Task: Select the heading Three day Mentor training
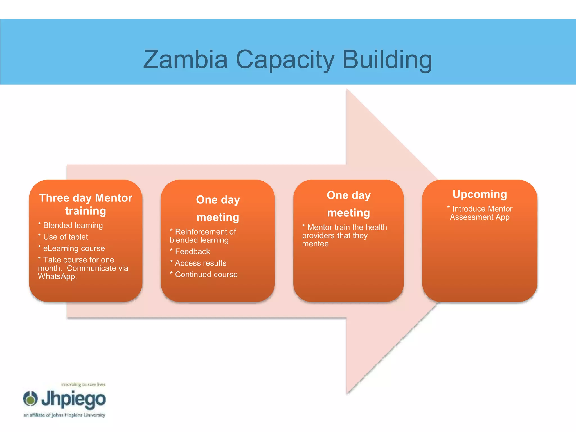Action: pyautogui.click(x=85, y=204)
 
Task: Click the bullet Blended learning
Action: pyautogui.click(x=73, y=225)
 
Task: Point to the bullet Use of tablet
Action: pyautogui.click(x=65, y=237)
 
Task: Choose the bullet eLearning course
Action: pyautogui.click(x=74, y=248)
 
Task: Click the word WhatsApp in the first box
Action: pyautogui.click(x=57, y=276)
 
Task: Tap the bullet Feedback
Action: pyautogui.click(x=192, y=251)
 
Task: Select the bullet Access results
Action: pyautogui.click(x=200, y=263)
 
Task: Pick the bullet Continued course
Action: pyautogui.click(x=206, y=274)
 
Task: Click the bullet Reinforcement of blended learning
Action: pyautogui.click(x=202, y=236)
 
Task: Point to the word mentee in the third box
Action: pyautogui.click(x=315, y=244)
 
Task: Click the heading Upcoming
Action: pyautogui.click(x=480, y=194)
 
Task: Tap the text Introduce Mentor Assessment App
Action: pyautogui.click(x=480, y=213)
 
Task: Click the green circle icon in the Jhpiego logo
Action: pyautogui.click(x=30, y=399)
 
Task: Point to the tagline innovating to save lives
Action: pyautogui.click(x=83, y=384)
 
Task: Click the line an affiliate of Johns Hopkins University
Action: pyautogui.click(x=64, y=415)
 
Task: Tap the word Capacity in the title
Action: pyautogui.click(x=285, y=60)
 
